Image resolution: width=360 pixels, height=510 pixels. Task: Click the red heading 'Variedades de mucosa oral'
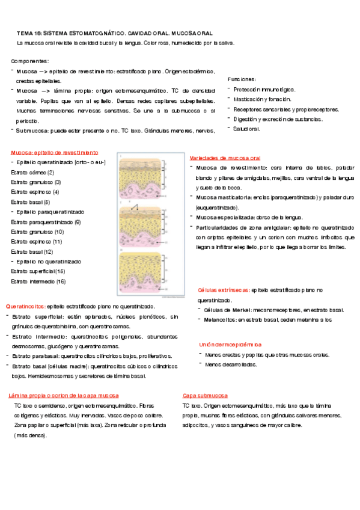pos(223,156)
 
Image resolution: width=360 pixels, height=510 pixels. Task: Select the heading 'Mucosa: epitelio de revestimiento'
pos(54,153)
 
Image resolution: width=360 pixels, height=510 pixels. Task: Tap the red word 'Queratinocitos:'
pos(25,306)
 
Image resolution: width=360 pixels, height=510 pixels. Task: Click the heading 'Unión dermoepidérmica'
pos(230,345)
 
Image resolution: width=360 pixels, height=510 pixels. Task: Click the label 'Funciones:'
pos(242,79)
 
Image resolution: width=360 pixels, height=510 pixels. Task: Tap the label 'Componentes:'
pos(30,61)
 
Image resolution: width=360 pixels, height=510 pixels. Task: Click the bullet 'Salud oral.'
pos(246,129)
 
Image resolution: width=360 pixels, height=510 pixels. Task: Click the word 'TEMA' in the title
pos(25,34)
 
